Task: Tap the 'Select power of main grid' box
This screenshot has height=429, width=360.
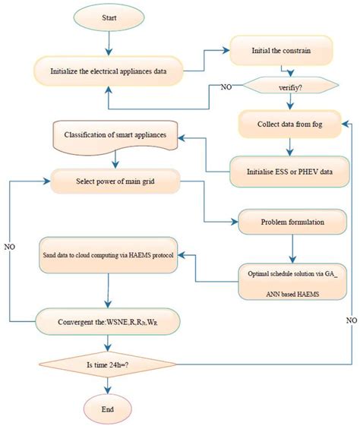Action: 114,181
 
